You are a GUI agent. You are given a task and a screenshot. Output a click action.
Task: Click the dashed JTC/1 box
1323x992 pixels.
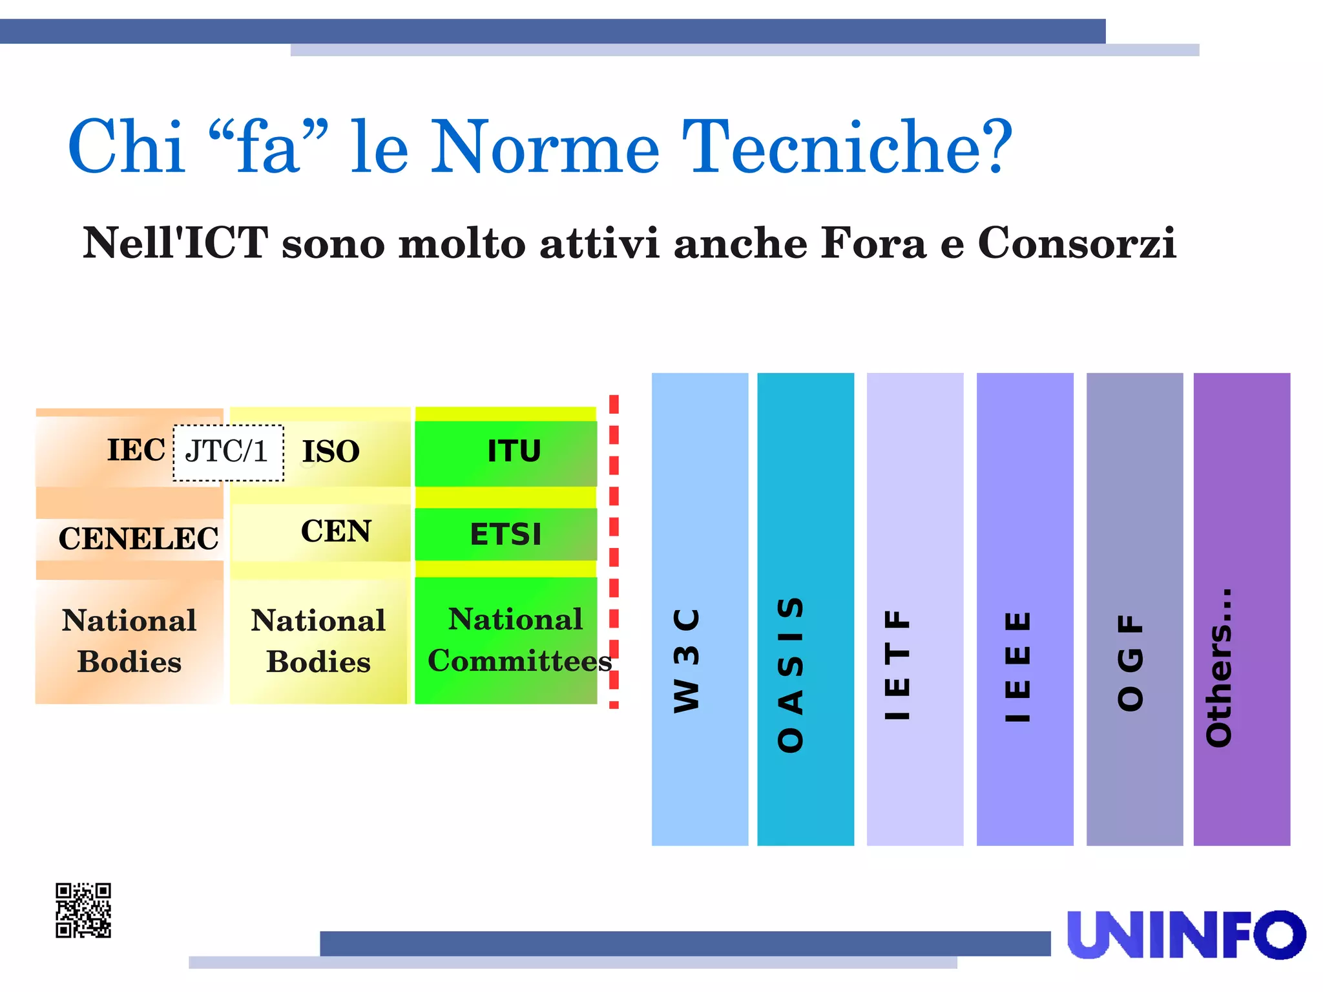pos(228,452)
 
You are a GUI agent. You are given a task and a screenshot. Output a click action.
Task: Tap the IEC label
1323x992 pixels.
pos(136,450)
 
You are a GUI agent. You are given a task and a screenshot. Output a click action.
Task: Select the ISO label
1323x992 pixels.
pos(331,451)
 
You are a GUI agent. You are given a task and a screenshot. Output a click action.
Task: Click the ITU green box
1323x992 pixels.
pos(506,452)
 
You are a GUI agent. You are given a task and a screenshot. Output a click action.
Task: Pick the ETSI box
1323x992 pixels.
pos(506,534)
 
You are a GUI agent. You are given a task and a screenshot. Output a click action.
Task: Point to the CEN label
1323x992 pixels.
pos(336,531)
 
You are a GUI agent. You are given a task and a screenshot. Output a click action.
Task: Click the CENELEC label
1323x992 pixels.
pos(138,538)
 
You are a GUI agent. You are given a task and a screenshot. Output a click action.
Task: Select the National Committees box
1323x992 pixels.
pos(506,640)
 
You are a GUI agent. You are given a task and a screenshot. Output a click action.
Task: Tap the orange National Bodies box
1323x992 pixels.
pos(129,641)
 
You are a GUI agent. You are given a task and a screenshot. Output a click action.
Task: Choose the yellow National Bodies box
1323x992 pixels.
pos(318,641)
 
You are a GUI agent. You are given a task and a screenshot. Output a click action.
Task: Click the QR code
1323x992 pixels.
pos(83,910)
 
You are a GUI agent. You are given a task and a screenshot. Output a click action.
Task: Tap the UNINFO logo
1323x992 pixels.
pos(1185,934)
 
